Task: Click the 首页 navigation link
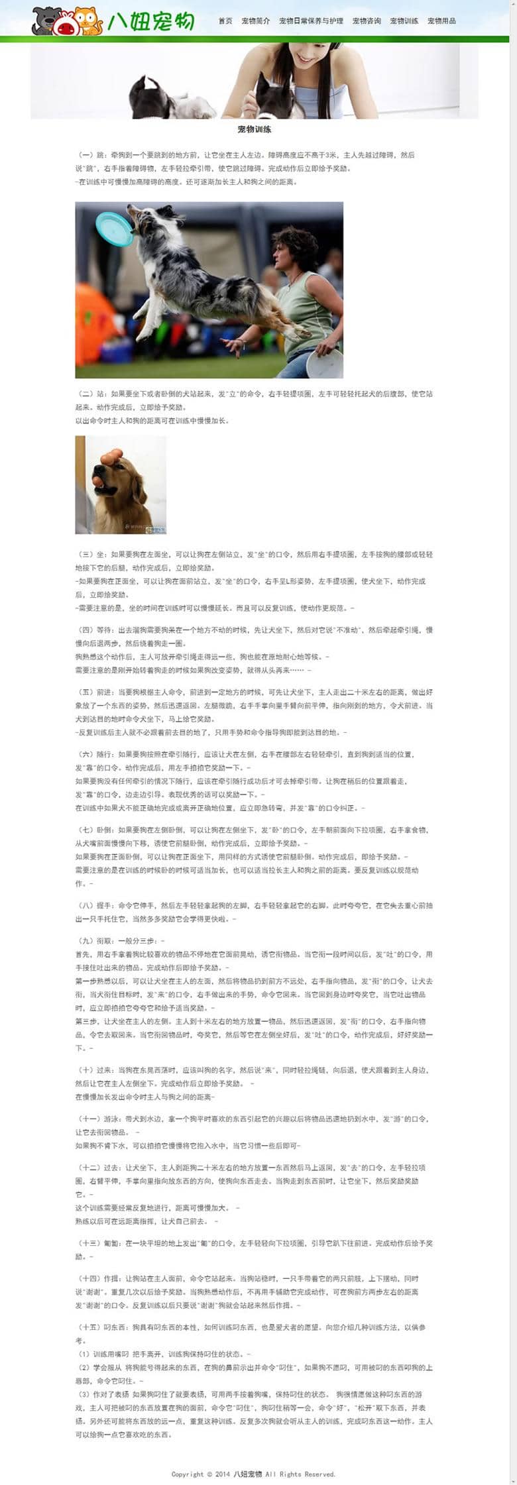225,21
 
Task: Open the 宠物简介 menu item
255,21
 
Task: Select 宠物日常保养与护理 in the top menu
311,21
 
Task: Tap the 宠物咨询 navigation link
367,21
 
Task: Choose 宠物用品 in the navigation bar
441,21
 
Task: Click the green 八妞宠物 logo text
151,22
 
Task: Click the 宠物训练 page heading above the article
255,129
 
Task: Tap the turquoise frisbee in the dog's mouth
113,229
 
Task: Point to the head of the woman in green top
294,247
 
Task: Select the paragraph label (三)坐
93,555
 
